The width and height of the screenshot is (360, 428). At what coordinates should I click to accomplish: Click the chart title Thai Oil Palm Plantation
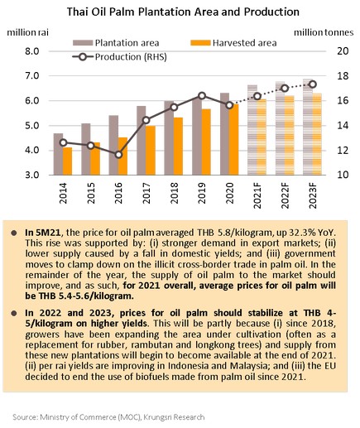pyautogui.click(x=183, y=12)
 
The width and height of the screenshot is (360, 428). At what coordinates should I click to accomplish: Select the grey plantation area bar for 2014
pyautogui.click(x=58, y=154)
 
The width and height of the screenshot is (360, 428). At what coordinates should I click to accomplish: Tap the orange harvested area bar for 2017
pyautogui.click(x=151, y=151)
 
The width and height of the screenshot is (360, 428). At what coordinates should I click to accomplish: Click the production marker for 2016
pyautogui.click(x=118, y=155)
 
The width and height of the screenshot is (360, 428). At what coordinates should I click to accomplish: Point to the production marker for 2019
pyautogui.click(x=202, y=96)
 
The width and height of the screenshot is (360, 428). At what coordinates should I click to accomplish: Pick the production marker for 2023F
pyautogui.click(x=313, y=84)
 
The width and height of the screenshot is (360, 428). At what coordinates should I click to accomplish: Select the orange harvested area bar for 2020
pyautogui.click(x=234, y=139)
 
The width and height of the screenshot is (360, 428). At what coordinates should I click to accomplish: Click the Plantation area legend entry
pyautogui.click(x=116, y=43)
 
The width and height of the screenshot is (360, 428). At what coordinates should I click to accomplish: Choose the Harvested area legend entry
pyautogui.click(x=233, y=43)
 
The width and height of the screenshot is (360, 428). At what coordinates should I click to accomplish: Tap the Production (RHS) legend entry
pyautogui.click(x=119, y=57)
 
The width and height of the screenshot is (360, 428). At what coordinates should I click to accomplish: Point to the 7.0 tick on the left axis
pyautogui.click(x=32, y=75)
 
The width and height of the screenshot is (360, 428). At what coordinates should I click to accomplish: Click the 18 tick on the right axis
pyautogui.click(x=343, y=75)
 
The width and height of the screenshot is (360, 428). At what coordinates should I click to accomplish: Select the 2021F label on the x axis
pyautogui.click(x=257, y=195)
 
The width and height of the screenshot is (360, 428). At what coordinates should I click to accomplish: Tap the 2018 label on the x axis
pyautogui.click(x=174, y=193)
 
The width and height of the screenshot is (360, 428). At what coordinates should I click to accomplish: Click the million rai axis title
pyautogui.click(x=27, y=32)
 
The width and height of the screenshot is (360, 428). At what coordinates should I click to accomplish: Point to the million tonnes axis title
pyautogui.click(x=324, y=32)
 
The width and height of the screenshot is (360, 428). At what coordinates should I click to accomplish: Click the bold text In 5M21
pyautogui.click(x=43, y=233)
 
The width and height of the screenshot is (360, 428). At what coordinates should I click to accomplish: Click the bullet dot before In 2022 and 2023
pyautogui.click(x=14, y=313)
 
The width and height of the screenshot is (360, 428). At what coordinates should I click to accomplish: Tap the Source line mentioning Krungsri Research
pyautogui.click(x=108, y=416)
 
